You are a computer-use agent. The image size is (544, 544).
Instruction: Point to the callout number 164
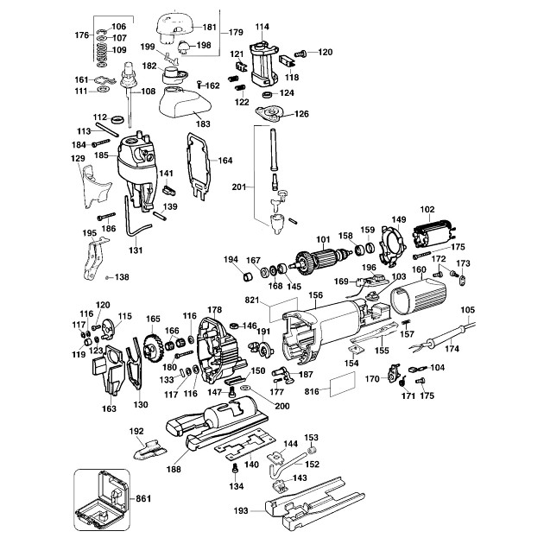[225, 161]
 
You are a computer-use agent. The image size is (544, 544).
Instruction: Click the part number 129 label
[78, 159]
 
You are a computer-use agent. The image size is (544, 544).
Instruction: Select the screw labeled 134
[236, 467]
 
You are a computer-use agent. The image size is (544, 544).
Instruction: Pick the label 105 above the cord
[468, 309]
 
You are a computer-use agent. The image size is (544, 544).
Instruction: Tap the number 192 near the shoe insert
[136, 431]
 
